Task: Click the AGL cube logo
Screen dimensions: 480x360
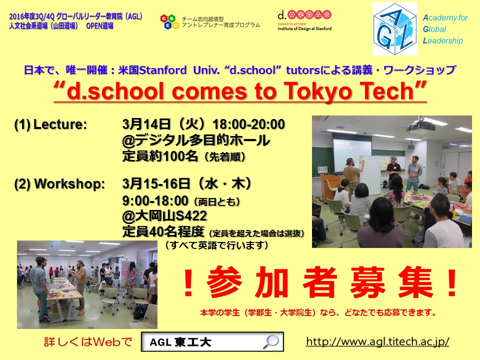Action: (x=395, y=29)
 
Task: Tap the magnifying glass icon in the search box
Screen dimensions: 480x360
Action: (x=271, y=341)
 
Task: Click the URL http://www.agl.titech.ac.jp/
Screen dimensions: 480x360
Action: (x=377, y=341)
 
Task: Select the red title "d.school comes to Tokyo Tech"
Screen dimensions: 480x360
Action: (x=240, y=91)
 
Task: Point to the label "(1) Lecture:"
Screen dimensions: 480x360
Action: (x=50, y=124)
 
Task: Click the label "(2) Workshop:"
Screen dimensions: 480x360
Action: (x=59, y=184)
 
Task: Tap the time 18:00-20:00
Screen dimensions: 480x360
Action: (x=248, y=124)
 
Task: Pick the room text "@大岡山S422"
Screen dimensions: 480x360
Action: (x=164, y=216)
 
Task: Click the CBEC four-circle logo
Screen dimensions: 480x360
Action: (x=169, y=21)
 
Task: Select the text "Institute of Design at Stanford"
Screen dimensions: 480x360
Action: (x=304, y=28)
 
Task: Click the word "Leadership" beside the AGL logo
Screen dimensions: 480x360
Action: (x=442, y=40)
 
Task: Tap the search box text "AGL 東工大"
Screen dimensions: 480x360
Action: (x=180, y=342)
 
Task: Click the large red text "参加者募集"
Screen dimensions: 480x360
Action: (x=320, y=282)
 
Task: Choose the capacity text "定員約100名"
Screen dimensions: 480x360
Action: (x=160, y=156)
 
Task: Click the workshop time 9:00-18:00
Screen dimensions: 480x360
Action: (x=155, y=201)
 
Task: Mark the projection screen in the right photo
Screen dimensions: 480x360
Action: (x=352, y=152)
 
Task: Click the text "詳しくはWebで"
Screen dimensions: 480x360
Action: (x=88, y=341)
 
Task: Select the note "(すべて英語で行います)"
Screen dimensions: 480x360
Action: (x=216, y=245)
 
